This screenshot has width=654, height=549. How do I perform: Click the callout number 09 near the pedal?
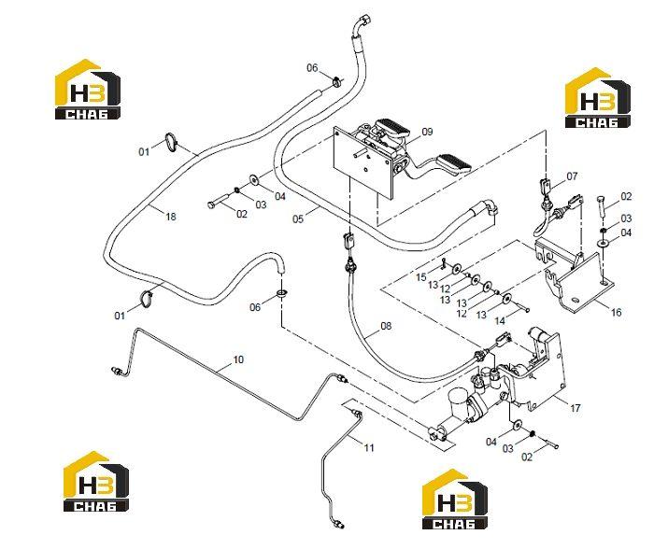pos(427,132)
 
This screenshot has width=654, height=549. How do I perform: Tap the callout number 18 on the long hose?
pos(171,217)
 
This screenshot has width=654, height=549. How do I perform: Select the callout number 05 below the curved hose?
pos(298,218)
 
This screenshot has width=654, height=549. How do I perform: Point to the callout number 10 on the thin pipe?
pos(238,359)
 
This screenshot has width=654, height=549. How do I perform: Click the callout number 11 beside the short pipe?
pos(369,448)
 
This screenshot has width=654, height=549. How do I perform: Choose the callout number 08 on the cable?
pos(386,326)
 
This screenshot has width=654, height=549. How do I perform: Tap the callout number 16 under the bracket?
pos(616,312)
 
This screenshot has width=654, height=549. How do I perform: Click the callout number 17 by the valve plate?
pos(576,408)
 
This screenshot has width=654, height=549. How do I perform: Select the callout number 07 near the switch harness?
pos(572,176)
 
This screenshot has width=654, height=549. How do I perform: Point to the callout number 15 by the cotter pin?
pos(421,277)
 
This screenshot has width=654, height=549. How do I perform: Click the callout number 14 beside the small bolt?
pos(500,320)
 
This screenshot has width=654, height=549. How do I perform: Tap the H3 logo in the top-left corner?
pos(88,90)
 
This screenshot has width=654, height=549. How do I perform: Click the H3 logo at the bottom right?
pos(455,499)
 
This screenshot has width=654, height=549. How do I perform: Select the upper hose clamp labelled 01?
pos(171,142)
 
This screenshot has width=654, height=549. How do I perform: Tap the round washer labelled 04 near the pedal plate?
pos(253,179)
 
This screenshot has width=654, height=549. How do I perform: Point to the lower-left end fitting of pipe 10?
pos(117,371)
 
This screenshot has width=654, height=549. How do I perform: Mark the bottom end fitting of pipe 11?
pos(338,523)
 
